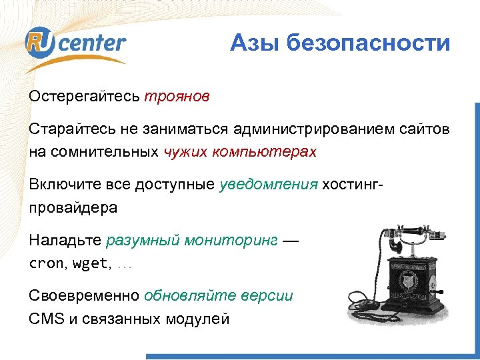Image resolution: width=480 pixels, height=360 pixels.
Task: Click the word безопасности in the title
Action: [369, 43]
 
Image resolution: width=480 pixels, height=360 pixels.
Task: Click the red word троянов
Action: [177, 97]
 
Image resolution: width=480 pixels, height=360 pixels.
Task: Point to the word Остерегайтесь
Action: [84, 97]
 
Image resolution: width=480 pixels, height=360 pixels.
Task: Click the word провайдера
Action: [73, 207]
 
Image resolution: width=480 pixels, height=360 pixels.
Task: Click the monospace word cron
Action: [45, 263]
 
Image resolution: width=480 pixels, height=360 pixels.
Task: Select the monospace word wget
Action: [89, 263]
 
